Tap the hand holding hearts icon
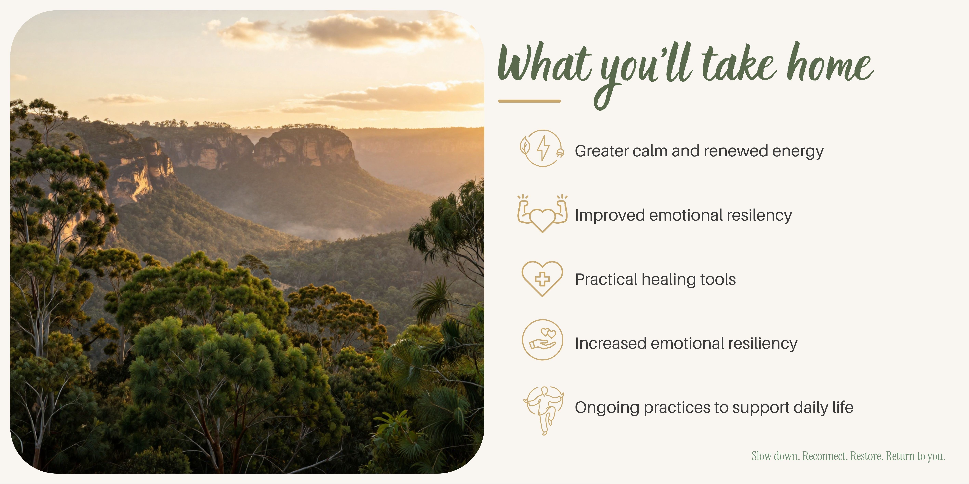click(542, 340)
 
